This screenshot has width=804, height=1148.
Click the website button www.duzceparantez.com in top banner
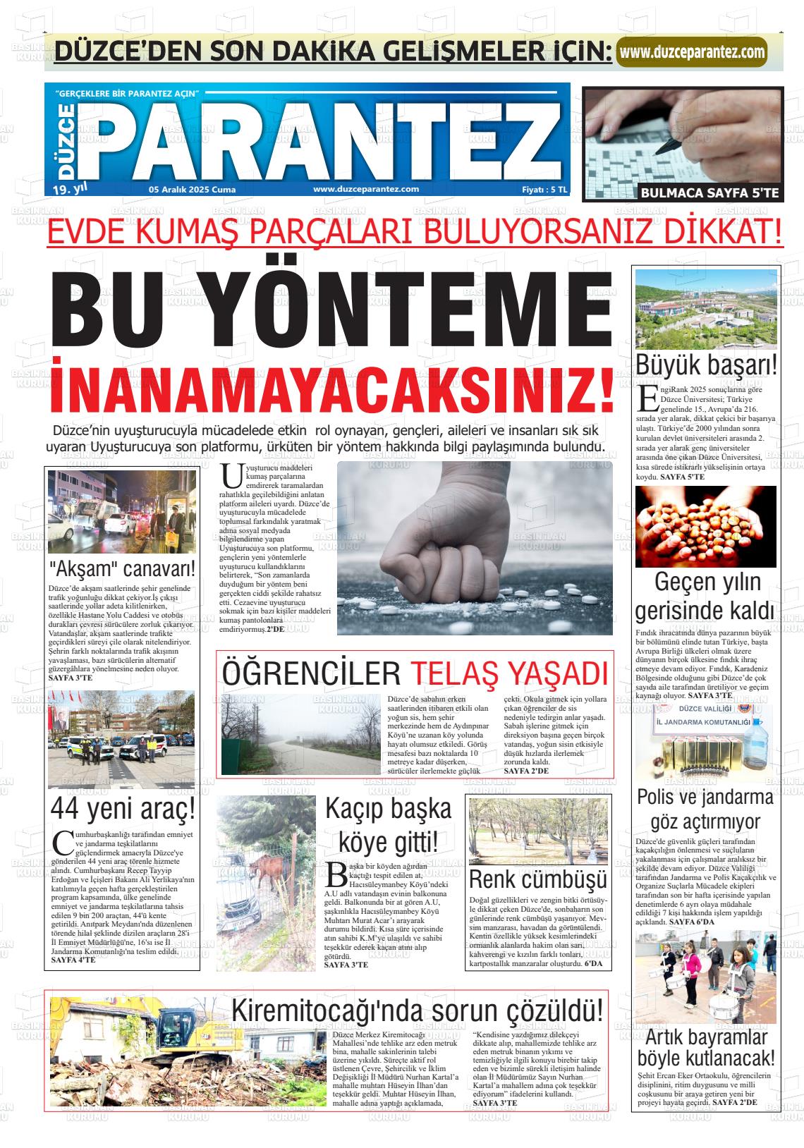(x=692, y=52)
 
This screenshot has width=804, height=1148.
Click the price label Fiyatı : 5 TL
(x=544, y=189)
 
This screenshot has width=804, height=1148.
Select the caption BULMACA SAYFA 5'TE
(x=710, y=193)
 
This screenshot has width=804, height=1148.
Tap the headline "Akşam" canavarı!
(x=122, y=569)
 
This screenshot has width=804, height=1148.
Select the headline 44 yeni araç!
(x=122, y=810)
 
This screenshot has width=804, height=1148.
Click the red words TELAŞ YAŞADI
(x=509, y=673)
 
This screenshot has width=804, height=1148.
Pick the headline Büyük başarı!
(x=707, y=365)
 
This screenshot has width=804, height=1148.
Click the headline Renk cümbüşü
(x=538, y=879)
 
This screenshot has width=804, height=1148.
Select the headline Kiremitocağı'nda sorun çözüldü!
(x=418, y=1010)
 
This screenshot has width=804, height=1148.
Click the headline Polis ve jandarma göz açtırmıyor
(x=705, y=809)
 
